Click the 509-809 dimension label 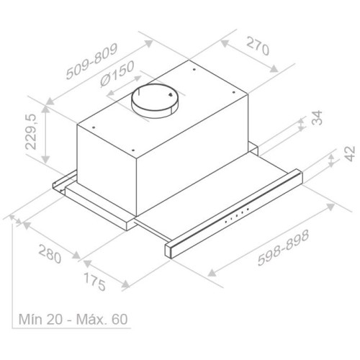pos(91,61)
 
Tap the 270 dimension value pos(258,46)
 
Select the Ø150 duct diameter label pos(117,73)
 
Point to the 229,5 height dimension pos(31,132)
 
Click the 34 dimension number pos(317,117)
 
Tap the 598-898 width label pos(283,248)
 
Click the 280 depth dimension pos(50,253)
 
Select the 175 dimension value pos(94,282)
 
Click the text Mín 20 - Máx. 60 pos(73,319)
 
